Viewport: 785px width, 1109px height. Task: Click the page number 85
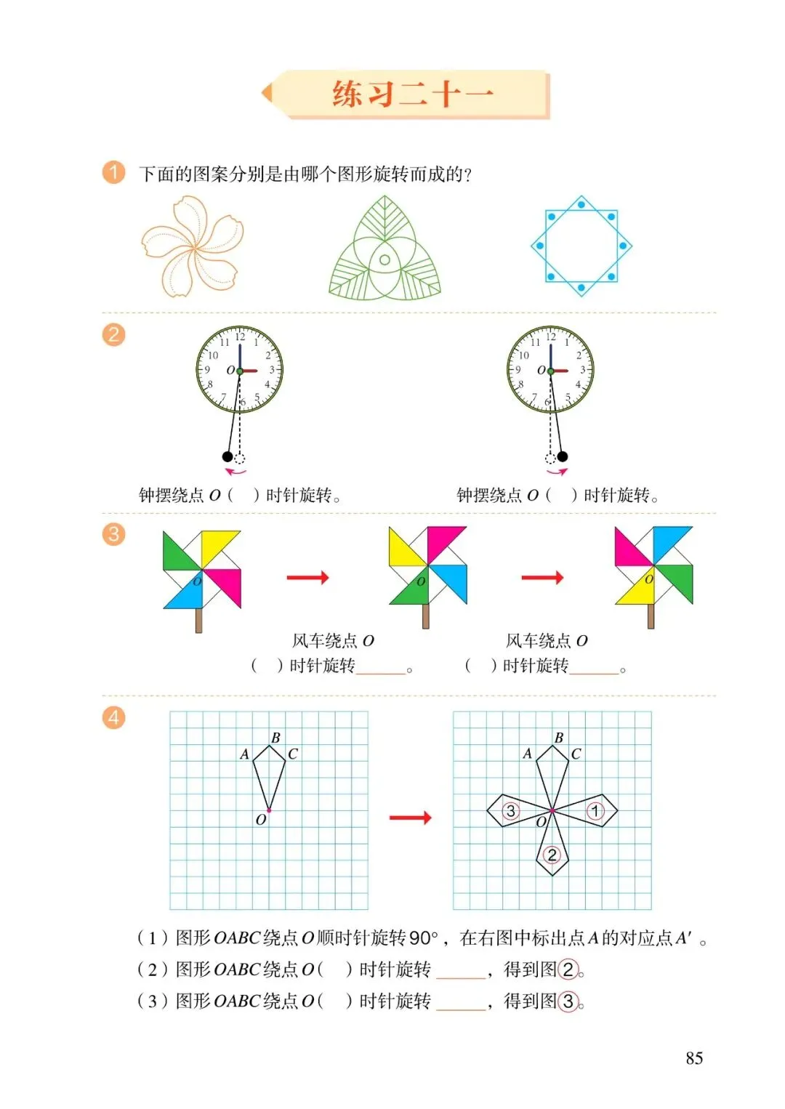[x=694, y=1058]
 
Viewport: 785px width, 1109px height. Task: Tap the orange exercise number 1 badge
[x=113, y=172]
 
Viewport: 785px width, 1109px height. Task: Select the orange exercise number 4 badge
[x=113, y=717]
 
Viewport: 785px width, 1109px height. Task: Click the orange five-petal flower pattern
[x=193, y=246]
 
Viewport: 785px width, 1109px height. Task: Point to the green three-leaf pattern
[x=385, y=248]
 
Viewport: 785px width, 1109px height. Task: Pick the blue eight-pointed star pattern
[x=581, y=246]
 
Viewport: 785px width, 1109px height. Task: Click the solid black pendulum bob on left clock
[x=228, y=456]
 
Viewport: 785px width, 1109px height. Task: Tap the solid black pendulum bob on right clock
[x=562, y=456]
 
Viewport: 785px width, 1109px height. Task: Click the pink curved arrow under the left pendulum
[x=235, y=472]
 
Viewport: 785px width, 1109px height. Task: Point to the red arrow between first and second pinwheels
[x=307, y=577]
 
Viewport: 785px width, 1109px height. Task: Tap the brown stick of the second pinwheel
[x=425, y=616]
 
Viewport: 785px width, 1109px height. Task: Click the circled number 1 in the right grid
[x=595, y=811]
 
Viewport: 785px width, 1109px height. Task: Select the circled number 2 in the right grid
[x=552, y=855]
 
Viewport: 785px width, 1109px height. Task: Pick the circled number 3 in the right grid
[x=511, y=811]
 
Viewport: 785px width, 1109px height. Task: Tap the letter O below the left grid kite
[x=261, y=820]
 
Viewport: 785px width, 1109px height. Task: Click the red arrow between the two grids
[x=410, y=818]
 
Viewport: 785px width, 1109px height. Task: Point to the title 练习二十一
[x=413, y=94]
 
